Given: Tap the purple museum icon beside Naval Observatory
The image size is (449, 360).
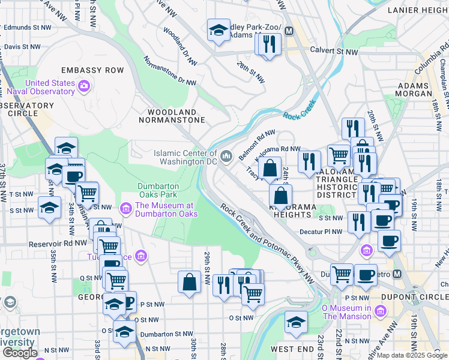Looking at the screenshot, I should (x=84, y=87).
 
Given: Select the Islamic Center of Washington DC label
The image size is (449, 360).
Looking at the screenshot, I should (x=185, y=157).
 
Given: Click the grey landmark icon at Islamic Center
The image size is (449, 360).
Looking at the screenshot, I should (x=226, y=157).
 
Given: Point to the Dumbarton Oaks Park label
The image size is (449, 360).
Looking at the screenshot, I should (x=157, y=190).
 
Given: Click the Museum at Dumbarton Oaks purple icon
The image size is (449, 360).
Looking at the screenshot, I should (x=126, y=209).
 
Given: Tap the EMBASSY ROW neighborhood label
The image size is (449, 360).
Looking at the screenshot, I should (x=92, y=70).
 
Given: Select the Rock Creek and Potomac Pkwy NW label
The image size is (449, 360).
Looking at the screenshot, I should (x=267, y=243).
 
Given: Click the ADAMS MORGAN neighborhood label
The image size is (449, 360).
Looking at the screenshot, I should (x=414, y=90).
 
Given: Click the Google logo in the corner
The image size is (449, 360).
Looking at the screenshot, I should (x=20, y=353).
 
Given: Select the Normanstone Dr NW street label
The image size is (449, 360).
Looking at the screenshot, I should (x=170, y=71).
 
